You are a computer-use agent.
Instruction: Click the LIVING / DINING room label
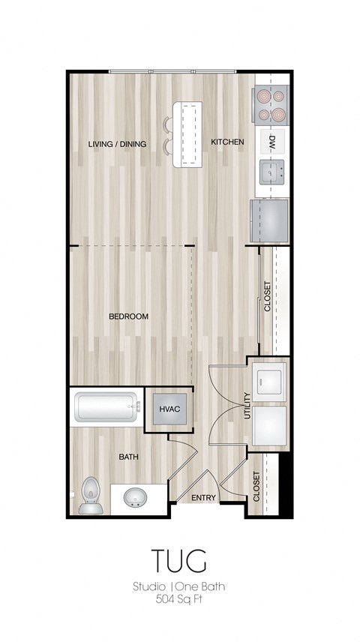coord(116,144)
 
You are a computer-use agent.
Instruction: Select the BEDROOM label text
coord(128,316)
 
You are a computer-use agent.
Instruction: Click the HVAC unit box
coord(166,409)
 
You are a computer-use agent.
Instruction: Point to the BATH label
coord(127,456)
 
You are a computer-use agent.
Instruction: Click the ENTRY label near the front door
coord(203,498)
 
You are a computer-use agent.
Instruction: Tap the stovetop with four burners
coord(271,105)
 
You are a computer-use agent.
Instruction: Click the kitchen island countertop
coord(187,135)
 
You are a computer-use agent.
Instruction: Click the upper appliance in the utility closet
coord(269,380)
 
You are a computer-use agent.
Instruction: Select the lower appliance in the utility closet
coord(269,427)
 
